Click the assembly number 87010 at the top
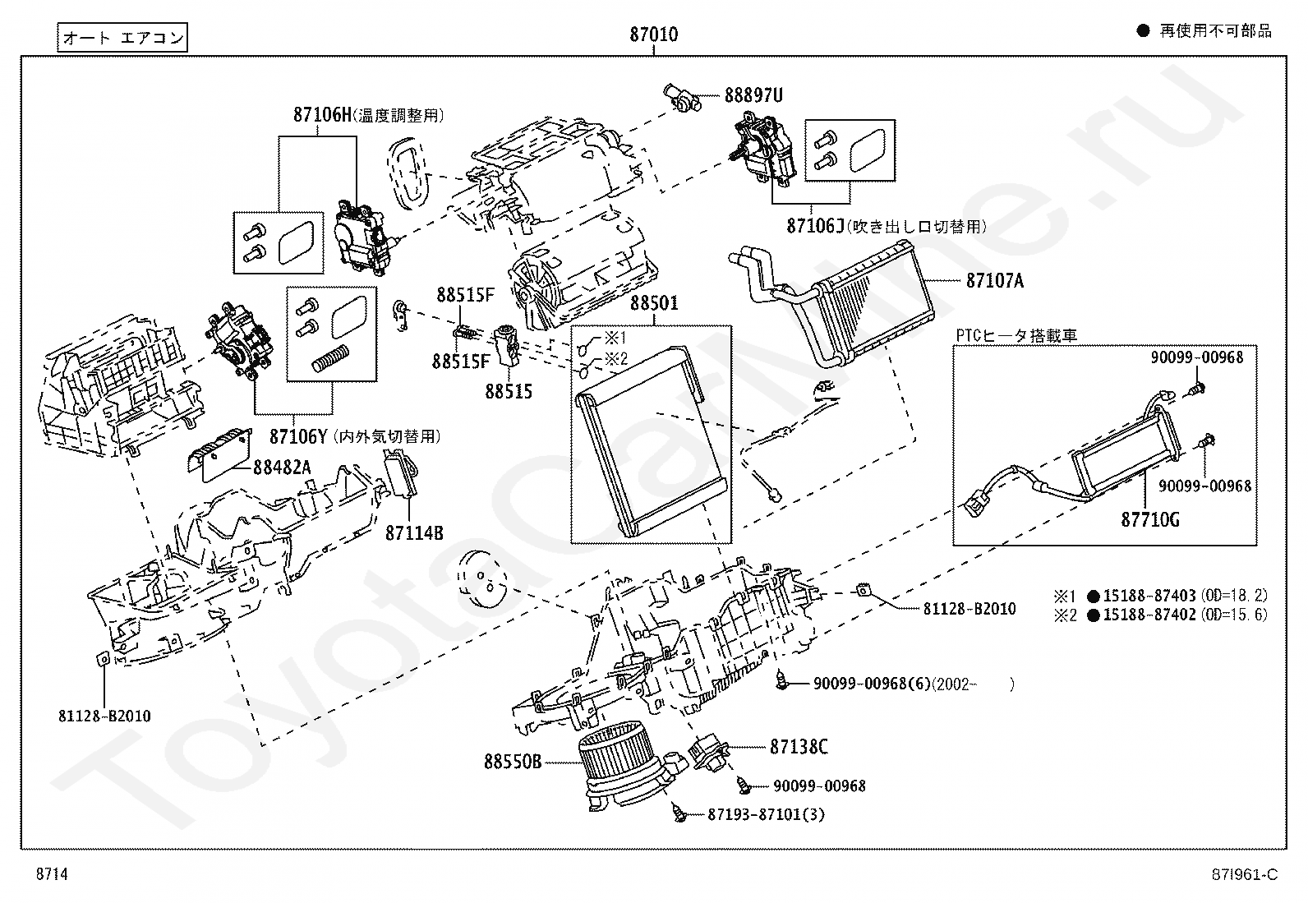pyautogui.click(x=653, y=35)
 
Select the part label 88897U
pyautogui.click(x=753, y=95)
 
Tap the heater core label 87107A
pyautogui.click(x=994, y=281)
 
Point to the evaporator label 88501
pyautogui.click(x=654, y=303)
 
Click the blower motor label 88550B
pyautogui.click(x=513, y=762)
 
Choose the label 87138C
pyautogui.click(x=799, y=746)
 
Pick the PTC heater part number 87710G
pyautogui.click(x=1149, y=519)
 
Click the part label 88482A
pyautogui.click(x=282, y=468)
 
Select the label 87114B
pyautogui.click(x=414, y=532)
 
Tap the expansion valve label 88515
pyautogui.click(x=509, y=391)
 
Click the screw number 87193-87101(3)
pyautogui.click(x=766, y=814)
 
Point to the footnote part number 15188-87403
pyautogui.click(x=1149, y=595)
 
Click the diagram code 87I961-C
pyautogui.click(x=1245, y=874)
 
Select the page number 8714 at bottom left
pyautogui.click(x=52, y=873)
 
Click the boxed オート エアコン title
pyautogui.click(x=122, y=37)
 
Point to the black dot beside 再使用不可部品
pyautogui.click(x=1143, y=31)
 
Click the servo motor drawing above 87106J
pyautogui.click(x=763, y=150)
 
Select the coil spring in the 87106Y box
pyautogui.click(x=331, y=358)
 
